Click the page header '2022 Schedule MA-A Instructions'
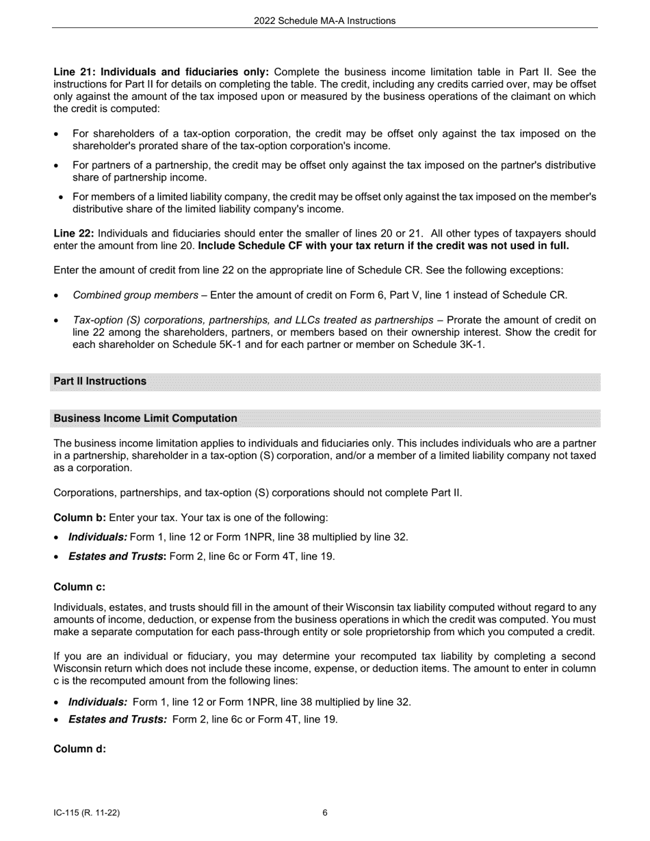pyautogui.click(x=324, y=21)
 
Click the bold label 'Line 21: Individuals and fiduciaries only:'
pyautogui.click(x=161, y=72)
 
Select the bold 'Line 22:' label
pyautogui.click(x=73, y=233)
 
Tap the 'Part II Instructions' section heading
pyautogui.click(x=100, y=381)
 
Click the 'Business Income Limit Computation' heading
pyautogui.click(x=145, y=418)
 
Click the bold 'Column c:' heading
pyautogui.click(x=79, y=587)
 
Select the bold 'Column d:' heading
pyautogui.click(x=79, y=749)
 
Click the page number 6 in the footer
pyautogui.click(x=325, y=813)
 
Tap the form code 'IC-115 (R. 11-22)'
pyautogui.click(x=87, y=813)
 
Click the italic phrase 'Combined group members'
pyautogui.click(x=135, y=295)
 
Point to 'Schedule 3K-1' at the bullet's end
pyautogui.click(x=448, y=345)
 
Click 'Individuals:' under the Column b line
pyautogui.click(x=97, y=537)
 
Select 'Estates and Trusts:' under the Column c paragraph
pyautogui.click(x=117, y=719)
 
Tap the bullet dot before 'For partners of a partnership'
pyautogui.click(x=56, y=165)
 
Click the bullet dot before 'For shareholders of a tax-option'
pyautogui.click(x=56, y=134)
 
